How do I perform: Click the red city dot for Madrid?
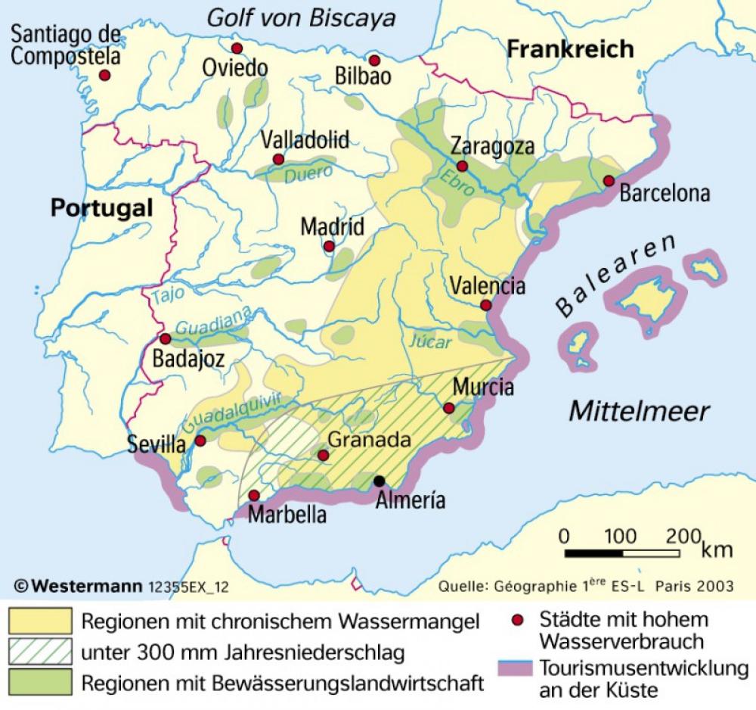(329, 246)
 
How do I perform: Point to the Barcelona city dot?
(609, 181)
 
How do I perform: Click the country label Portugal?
(102, 208)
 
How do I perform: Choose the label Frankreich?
(570, 50)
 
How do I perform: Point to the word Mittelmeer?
(639, 411)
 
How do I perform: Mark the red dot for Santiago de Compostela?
(105, 76)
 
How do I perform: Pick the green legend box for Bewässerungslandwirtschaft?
(41, 682)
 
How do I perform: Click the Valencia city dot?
(485, 305)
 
